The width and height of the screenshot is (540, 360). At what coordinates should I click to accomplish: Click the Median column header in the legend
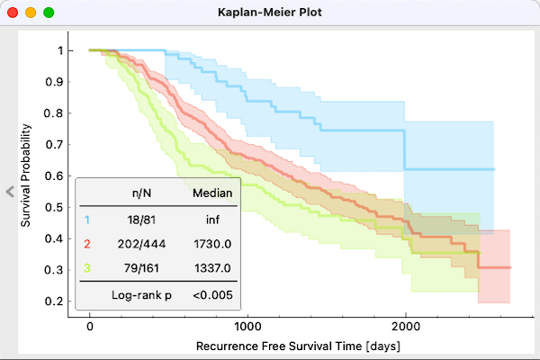(213, 192)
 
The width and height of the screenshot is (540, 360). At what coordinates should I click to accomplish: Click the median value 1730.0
(213, 243)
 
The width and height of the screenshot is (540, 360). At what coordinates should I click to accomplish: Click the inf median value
(213, 218)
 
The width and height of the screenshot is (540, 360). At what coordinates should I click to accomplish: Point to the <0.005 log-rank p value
(213, 294)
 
